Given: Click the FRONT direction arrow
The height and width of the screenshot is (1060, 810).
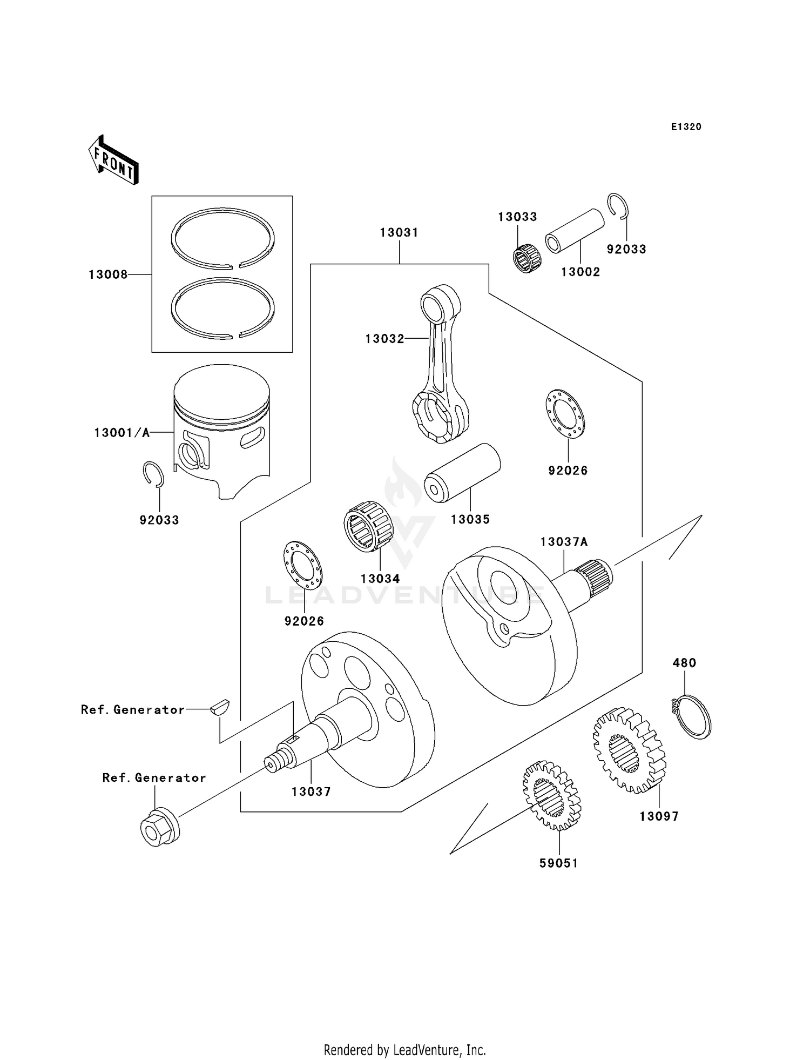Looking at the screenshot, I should tap(114, 160).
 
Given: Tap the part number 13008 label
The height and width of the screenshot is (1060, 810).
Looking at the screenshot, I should tap(108, 275).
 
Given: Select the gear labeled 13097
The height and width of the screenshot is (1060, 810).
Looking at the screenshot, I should tap(629, 751).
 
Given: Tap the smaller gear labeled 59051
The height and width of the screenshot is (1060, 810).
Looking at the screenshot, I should tap(551, 795).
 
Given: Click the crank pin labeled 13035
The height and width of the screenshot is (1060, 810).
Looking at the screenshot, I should tap(462, 473).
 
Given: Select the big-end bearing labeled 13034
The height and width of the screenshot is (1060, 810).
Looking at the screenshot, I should tap(367, 526).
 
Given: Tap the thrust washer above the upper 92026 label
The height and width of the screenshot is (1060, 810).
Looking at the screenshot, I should tap(565, 414).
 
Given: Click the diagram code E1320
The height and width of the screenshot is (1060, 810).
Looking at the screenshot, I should tap(686, 127).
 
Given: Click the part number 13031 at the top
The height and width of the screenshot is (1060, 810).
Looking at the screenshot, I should tap(399, 233).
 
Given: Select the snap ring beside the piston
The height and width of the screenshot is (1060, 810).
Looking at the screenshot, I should tap(153, 474).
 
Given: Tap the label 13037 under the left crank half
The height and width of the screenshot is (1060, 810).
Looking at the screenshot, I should tap(311, 791).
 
